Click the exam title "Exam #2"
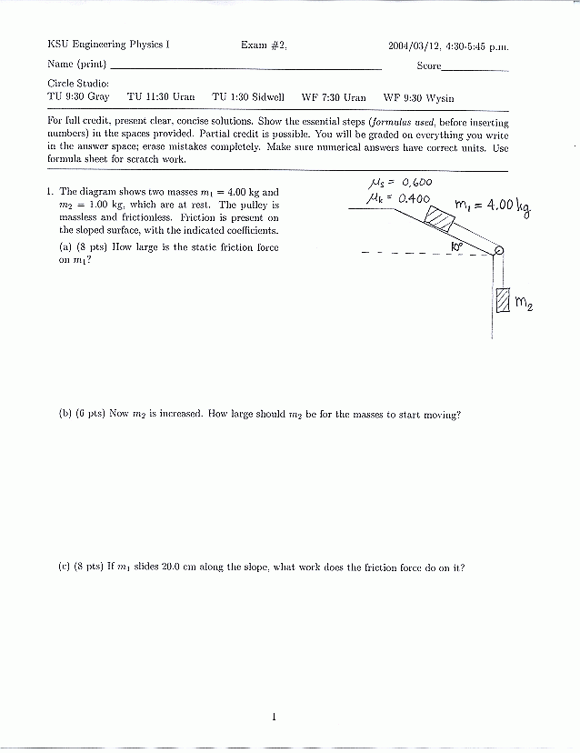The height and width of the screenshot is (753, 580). (264, 45)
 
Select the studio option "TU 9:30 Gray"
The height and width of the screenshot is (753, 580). (78, 97)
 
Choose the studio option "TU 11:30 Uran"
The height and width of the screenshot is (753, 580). (161, 97)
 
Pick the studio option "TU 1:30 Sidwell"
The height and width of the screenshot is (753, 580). (248, 97)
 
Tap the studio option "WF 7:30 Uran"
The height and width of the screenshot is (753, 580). (334, 97)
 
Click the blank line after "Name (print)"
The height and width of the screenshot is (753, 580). (245, 68)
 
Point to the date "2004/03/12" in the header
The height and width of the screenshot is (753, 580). (414, 45)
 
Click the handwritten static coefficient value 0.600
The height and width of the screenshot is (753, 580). (415, 182)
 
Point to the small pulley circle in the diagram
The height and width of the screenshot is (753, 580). (498, 252)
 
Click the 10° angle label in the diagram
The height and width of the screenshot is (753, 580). (457, 245)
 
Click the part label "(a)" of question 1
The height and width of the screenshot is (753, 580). (65, 246)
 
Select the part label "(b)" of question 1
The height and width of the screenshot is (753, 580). (65, 414)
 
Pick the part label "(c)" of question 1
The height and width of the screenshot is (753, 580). (65, 567)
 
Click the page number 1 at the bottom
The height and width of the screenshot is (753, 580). (273, 718)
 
